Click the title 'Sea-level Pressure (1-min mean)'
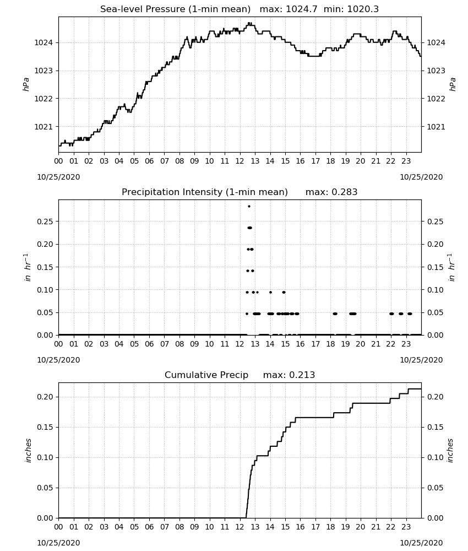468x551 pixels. coord(176,9)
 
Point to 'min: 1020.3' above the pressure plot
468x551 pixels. coord(351,9)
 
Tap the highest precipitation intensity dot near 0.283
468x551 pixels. coord(249,206)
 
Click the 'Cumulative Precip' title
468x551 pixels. coord(206,375)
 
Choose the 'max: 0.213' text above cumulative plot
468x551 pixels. coord(289,375)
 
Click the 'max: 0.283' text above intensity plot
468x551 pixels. coord(331,192)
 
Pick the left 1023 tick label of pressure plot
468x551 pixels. coord(43,71)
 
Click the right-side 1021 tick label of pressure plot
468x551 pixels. coord(436,127)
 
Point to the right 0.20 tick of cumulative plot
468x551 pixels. coord(436,397)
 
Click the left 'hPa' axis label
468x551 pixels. coord(26,84)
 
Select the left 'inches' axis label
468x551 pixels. coord(28,450)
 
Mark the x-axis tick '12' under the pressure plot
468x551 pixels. coord(240,161)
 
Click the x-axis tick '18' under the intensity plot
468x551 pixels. coord(330,344)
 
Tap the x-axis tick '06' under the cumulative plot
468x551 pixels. coord(149,527)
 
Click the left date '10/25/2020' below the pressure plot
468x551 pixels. coord(58,177)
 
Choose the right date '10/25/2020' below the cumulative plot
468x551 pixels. coord(421,543)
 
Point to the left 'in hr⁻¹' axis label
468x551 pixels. coord(28,267)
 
